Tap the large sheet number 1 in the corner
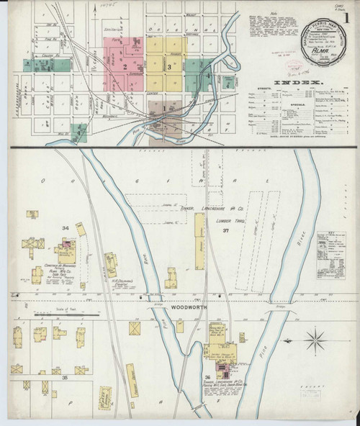coord(348,14)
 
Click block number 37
coord(225,230)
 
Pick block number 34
coord(65,228)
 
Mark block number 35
coord(64,377)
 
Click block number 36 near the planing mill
coord(207,378)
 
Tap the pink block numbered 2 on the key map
coord(125,67)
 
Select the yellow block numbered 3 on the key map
coord(168,67)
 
